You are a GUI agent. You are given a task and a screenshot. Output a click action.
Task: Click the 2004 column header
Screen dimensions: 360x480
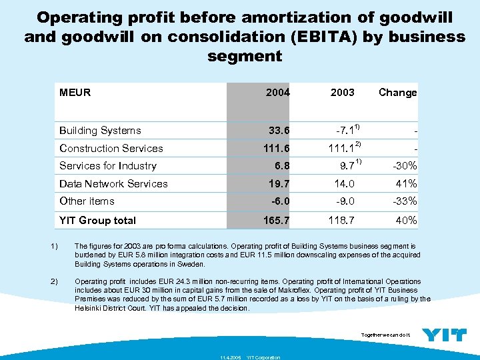pos(277,93)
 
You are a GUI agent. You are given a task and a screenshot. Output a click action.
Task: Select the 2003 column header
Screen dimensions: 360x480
pos(342,93)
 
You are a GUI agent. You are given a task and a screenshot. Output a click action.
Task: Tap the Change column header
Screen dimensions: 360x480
pos(397,93)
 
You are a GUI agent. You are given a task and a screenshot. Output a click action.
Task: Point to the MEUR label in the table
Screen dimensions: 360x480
pos(75,92)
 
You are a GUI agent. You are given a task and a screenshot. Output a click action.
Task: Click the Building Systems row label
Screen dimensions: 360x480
pos(100,131)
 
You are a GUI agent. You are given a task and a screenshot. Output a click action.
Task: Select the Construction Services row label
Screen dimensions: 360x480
pos(111,148)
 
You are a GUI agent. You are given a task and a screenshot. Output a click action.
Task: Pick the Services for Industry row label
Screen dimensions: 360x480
pos(108,166)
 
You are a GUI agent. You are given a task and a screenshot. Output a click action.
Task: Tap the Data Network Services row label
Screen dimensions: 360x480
pos(113,183)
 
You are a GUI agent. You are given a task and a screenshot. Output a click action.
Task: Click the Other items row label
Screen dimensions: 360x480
pos(87,201)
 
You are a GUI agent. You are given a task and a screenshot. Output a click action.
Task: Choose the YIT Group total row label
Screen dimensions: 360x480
pos(97,220)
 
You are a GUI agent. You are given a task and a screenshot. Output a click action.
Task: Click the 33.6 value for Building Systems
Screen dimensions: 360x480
pos(279,131)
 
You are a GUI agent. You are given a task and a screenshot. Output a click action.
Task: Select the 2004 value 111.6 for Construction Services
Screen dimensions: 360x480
pos(276,148)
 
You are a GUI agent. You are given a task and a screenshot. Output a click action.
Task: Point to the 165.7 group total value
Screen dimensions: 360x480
pos(276,220)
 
